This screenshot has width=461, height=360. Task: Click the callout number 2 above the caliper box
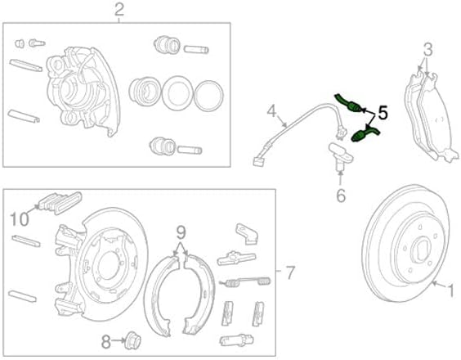(119, 10)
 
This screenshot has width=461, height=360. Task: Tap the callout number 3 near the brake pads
(428, 49)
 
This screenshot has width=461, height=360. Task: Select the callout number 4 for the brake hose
(272, 112)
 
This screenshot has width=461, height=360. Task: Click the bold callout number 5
(383, 113)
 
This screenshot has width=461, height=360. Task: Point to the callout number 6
(341, 196)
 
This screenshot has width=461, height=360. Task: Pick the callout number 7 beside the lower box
(290, 272)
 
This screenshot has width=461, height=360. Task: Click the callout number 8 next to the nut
(106, 342)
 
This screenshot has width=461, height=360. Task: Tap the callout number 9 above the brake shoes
(181, 232)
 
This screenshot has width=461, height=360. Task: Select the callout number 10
(20, 219)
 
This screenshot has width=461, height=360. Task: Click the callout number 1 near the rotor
(450, 290)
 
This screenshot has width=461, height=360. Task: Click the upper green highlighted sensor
(348, 102)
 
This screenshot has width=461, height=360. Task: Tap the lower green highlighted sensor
(365, 133)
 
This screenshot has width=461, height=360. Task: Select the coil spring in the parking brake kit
(245, 282)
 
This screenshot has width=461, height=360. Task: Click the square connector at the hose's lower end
(258, 161)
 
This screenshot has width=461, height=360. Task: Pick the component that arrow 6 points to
(341, 155)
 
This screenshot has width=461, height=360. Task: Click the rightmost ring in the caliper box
(208, 95)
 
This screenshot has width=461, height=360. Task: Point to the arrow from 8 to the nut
(119, 341)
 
